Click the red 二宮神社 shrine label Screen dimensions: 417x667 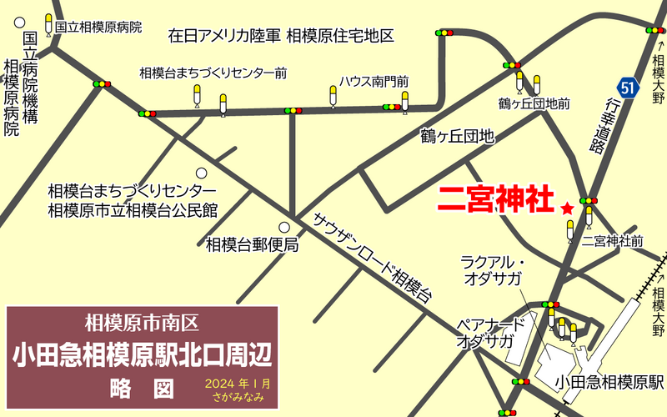[x=496, y=200]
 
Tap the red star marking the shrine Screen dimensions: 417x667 [x=568, y=208]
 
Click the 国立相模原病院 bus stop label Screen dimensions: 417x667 [x=100, y=26]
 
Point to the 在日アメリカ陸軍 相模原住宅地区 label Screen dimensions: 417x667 [x=280, y=37]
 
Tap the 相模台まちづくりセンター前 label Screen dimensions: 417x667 [x=213, y=73]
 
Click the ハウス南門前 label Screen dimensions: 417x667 [x=374, y=81]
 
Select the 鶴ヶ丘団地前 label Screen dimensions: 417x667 [x=534, y=103]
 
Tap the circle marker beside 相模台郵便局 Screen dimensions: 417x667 [x=285, y=227]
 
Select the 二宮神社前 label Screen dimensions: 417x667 [x=613, y=241]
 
